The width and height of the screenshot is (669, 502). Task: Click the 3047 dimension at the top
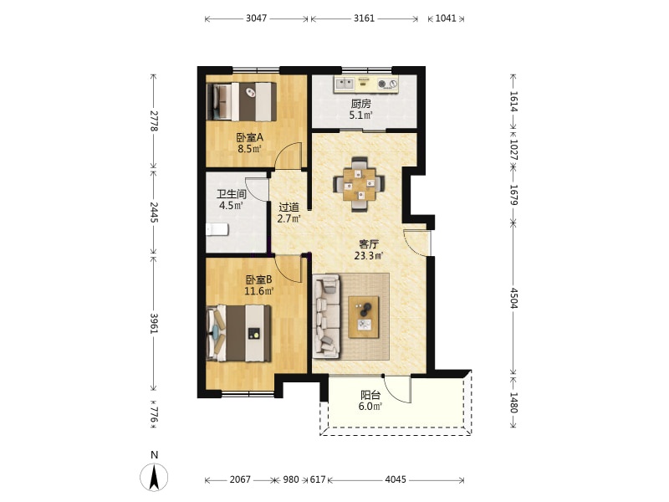coord(257,18)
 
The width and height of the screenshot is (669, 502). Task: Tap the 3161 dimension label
coord(365,18)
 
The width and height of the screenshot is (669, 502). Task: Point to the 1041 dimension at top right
coord(446,18)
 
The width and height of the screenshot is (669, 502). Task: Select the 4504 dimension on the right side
coord(513,298)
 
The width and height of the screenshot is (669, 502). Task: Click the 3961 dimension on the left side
coord(154,324)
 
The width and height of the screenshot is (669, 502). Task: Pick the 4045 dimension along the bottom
coord(396,479)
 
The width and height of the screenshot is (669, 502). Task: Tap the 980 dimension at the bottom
coord(291,479)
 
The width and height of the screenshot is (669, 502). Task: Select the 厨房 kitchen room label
coord(361,104)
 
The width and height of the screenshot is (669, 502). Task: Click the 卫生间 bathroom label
coord(232,194)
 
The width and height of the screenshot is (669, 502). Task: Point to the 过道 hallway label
coord(289,207)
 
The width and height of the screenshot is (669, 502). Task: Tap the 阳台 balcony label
coord(370,395)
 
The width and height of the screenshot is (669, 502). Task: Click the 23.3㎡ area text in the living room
coord(369,256)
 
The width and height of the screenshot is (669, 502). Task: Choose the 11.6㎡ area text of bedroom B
coord(258,291)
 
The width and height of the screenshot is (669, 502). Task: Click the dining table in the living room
coord(360,184)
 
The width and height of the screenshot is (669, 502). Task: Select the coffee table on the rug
coord(364,317)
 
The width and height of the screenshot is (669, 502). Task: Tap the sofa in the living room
coord(326,316)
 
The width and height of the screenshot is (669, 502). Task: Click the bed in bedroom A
coord(242,101)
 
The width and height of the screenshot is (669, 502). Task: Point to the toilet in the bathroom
coord(217,229)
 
